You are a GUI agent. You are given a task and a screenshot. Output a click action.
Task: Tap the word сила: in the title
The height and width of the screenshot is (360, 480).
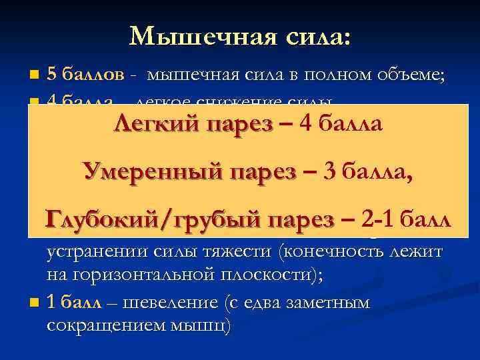click(313, 35)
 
